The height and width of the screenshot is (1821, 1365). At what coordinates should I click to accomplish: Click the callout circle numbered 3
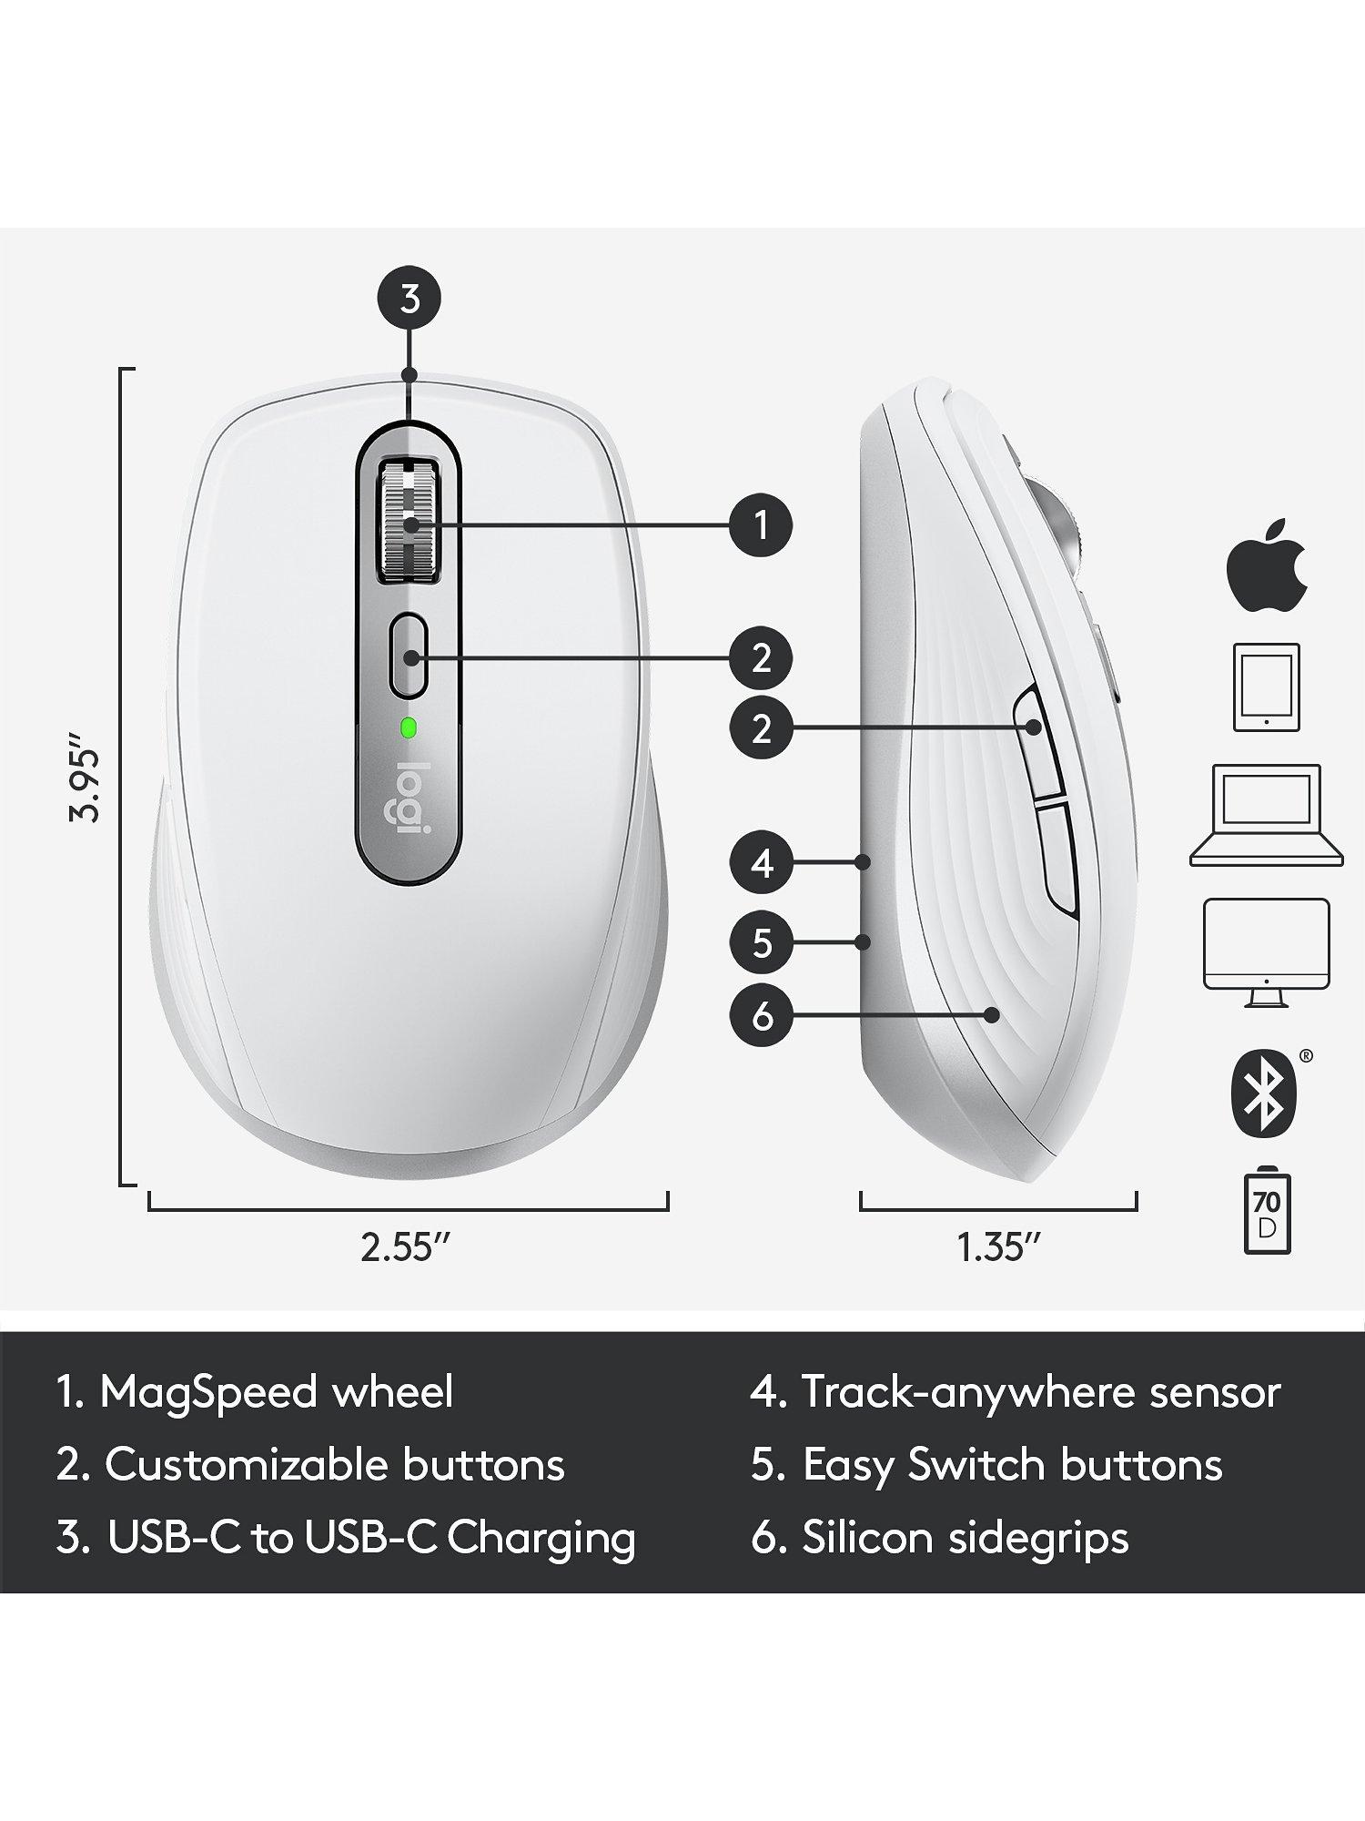click(410, 299)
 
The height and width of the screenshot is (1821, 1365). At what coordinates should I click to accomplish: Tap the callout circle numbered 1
click(762, 525)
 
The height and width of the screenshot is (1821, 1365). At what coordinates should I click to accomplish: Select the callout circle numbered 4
click(762, 861)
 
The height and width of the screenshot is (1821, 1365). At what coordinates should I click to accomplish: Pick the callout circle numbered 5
click(762, 941)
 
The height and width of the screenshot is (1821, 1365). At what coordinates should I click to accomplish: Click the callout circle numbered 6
click(762, 1015)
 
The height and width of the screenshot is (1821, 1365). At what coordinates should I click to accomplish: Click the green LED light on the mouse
click(409, 727)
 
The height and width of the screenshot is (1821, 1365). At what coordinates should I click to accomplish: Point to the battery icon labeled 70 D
click(1266, 1214)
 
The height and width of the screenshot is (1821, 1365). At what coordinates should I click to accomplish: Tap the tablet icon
click(1266, 687)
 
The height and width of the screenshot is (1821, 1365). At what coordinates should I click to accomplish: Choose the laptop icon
click(1266, 815)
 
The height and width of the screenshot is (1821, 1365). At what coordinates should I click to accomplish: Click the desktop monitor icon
click(1266, 952)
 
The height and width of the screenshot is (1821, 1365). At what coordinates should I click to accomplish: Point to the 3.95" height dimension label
click(86, 772)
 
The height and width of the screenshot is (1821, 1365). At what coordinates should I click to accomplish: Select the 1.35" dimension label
click(998, 1246)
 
